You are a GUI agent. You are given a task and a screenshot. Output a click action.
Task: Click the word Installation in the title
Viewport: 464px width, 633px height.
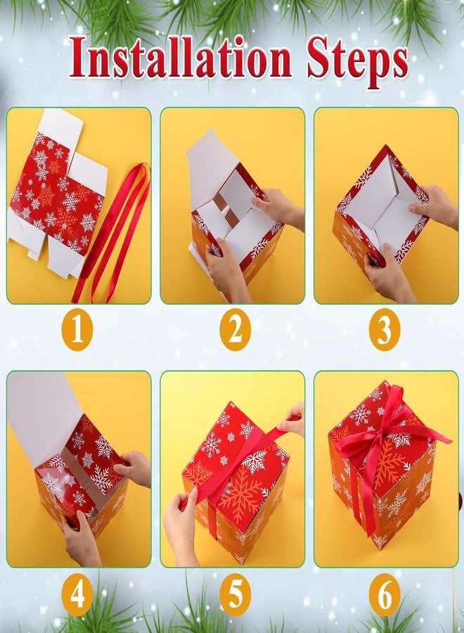point(181,58)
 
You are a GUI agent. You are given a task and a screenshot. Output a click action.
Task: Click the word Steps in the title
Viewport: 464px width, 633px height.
point(357,61)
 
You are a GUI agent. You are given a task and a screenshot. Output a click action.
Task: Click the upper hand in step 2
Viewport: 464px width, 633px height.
point(278,207)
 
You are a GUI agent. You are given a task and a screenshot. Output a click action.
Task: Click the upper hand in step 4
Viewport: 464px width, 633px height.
point(133,468)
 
